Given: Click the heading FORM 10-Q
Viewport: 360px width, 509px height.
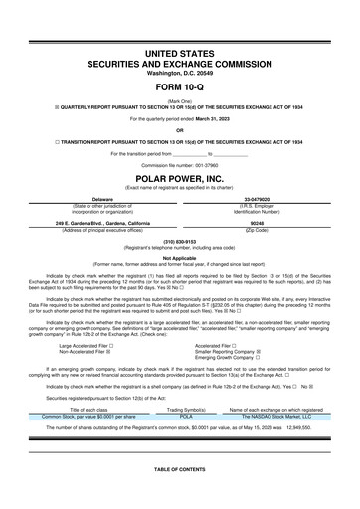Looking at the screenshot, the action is tap(180, 87).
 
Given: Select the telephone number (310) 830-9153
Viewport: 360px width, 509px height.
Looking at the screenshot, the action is tap(180, 241).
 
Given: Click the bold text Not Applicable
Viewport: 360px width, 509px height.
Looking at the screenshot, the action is tap(180, 256).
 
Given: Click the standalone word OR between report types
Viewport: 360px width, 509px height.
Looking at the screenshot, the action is tap(180, 130).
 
